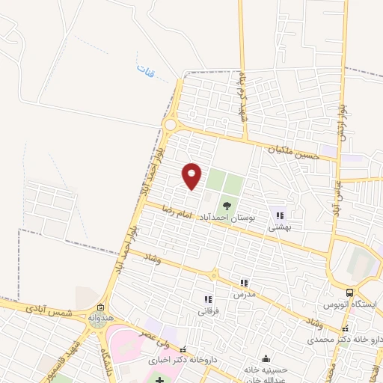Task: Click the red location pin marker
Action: [192, 175]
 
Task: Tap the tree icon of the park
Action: [225, 204]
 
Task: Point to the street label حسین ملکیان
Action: [295, 153]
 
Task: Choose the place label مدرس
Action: [244, 294]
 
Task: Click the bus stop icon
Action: [350, 293]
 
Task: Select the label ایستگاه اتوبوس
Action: [351, 306]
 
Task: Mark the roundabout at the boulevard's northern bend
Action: [171, 124]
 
